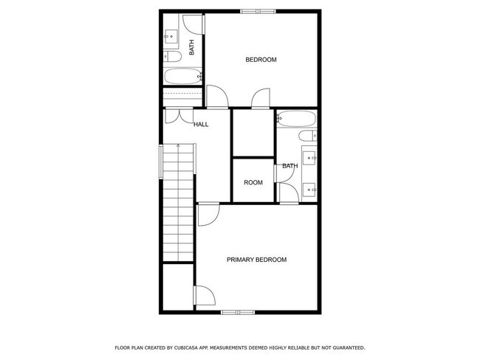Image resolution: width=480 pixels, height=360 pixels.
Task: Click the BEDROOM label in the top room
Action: click(261, 60)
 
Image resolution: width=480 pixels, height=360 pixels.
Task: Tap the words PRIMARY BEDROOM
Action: click(256, 260)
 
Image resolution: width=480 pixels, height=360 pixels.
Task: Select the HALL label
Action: click(201, 125)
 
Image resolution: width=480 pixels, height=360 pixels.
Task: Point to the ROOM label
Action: click(253, 183)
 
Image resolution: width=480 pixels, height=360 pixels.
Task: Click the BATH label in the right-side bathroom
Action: click(289, 166)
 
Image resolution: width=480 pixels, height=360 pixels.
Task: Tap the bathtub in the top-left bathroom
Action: click(182, 76)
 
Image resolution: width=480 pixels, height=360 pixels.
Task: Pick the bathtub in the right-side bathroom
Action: click(296, 118)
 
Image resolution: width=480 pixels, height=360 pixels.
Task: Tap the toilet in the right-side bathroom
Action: click(308, 136)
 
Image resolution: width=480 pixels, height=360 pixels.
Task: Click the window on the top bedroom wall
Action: click(258, 10)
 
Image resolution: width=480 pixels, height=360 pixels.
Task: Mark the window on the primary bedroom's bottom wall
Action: click(238, 312)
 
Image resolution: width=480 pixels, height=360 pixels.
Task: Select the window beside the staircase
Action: click(162, 161)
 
